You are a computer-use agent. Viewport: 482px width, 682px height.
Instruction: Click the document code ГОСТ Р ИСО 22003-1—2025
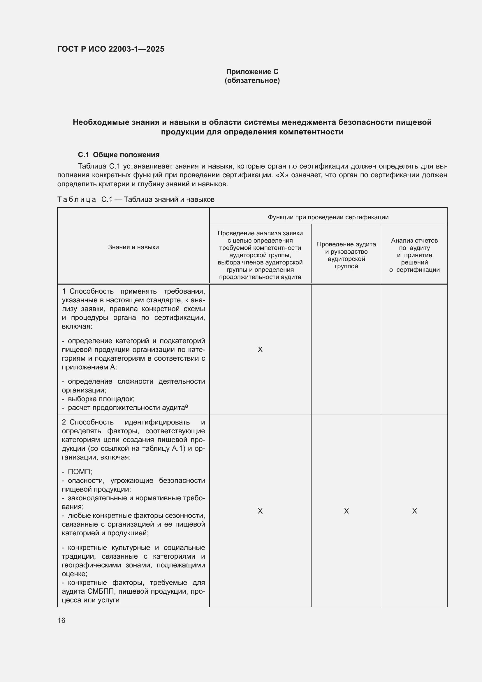pos(111,49)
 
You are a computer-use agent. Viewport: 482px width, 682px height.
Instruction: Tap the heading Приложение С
pos(252,72)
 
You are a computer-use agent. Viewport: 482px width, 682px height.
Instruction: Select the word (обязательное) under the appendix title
pos(252,80)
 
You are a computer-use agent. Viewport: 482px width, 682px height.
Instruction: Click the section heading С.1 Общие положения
pos(118,155)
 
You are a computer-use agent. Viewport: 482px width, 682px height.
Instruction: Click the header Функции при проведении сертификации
pos(328,217)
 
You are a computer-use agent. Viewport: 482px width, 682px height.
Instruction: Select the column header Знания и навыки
pos(133,247)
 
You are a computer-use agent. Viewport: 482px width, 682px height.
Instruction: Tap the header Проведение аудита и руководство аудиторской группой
pos(346,255)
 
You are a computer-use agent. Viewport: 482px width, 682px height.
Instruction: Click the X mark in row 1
pos(260,349)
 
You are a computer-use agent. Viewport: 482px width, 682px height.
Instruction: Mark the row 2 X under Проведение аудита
pos(346,511)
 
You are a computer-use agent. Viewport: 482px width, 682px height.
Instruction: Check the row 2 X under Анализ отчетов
pos(414,511)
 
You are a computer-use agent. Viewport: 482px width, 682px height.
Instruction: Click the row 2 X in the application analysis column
pos(260,511)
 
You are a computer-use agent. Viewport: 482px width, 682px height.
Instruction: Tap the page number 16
pos(61,620)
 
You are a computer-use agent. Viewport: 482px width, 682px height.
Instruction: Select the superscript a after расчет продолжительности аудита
pos(187,406)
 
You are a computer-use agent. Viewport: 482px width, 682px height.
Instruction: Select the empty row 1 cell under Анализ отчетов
pos(414,349)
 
